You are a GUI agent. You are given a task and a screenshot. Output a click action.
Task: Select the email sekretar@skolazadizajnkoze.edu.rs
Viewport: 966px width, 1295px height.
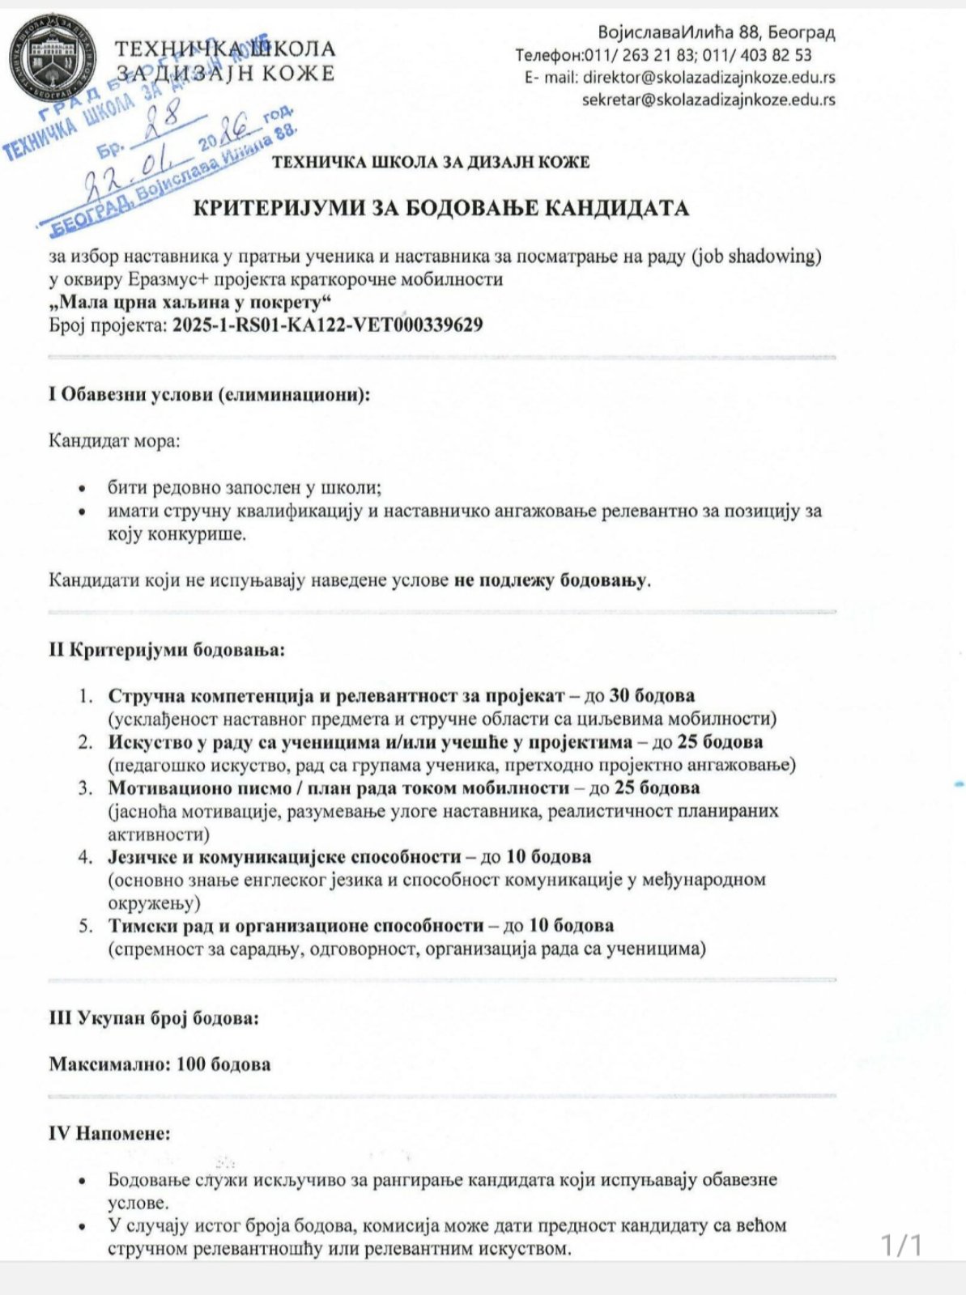click(x=709, y=100)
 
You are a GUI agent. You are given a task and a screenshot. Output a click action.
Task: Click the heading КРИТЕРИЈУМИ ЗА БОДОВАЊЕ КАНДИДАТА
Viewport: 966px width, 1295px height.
click(x=440, y=208)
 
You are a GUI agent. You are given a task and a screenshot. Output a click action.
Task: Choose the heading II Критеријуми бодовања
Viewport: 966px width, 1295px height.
click(x=167, y=650)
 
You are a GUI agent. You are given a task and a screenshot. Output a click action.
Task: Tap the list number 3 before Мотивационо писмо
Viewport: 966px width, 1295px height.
click(x=85, y=788)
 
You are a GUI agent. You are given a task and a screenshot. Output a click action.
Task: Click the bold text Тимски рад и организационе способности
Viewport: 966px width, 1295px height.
click(x=292, y=925)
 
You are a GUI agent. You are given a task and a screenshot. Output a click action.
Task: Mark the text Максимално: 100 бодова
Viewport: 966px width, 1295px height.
click(x=160, y=1064)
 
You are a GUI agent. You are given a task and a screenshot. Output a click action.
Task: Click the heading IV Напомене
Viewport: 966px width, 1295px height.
click(x=110, y=1133)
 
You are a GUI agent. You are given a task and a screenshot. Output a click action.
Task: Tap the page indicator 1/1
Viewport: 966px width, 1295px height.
click(x=901, y=1244)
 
